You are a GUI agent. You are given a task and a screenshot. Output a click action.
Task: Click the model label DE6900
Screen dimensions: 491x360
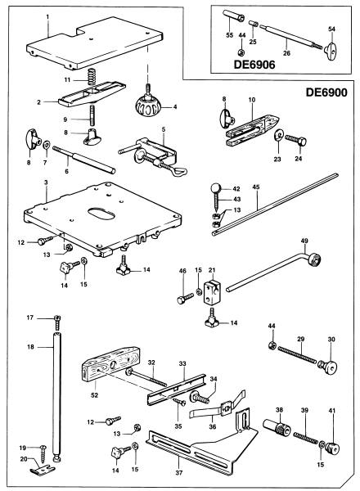325,93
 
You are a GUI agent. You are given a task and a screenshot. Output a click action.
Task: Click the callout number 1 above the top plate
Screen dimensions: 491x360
48,15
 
